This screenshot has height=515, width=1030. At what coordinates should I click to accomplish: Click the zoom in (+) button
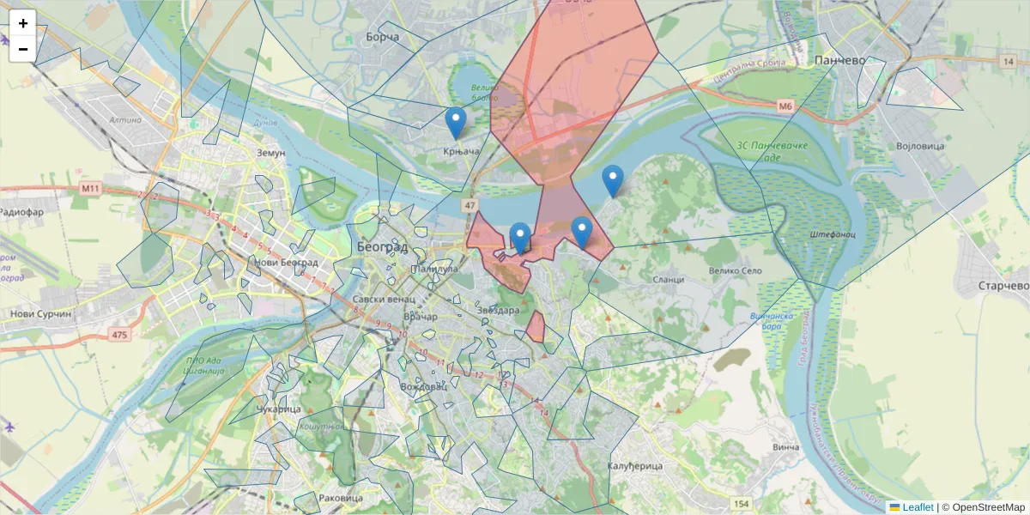[23, 23]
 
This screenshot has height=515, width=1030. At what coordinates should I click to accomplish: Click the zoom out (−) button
[23, 49]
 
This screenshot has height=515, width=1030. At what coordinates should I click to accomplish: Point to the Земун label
[270, 153]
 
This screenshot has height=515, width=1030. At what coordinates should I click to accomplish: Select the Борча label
[383, 38]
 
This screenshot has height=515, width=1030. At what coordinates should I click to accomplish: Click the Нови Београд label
[288, 262]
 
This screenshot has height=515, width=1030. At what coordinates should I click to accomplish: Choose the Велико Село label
[736, 270]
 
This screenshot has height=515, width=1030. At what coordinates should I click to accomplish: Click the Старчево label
[1003, 285]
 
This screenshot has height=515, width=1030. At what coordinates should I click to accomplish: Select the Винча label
[785, 447]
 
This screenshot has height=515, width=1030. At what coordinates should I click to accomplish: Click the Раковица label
[341, 498]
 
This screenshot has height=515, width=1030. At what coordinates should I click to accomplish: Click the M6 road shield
[785, 106]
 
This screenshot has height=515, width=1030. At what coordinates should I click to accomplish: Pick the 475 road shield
[118, 335]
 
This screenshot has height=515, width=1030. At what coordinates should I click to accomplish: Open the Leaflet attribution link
[917, 507]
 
